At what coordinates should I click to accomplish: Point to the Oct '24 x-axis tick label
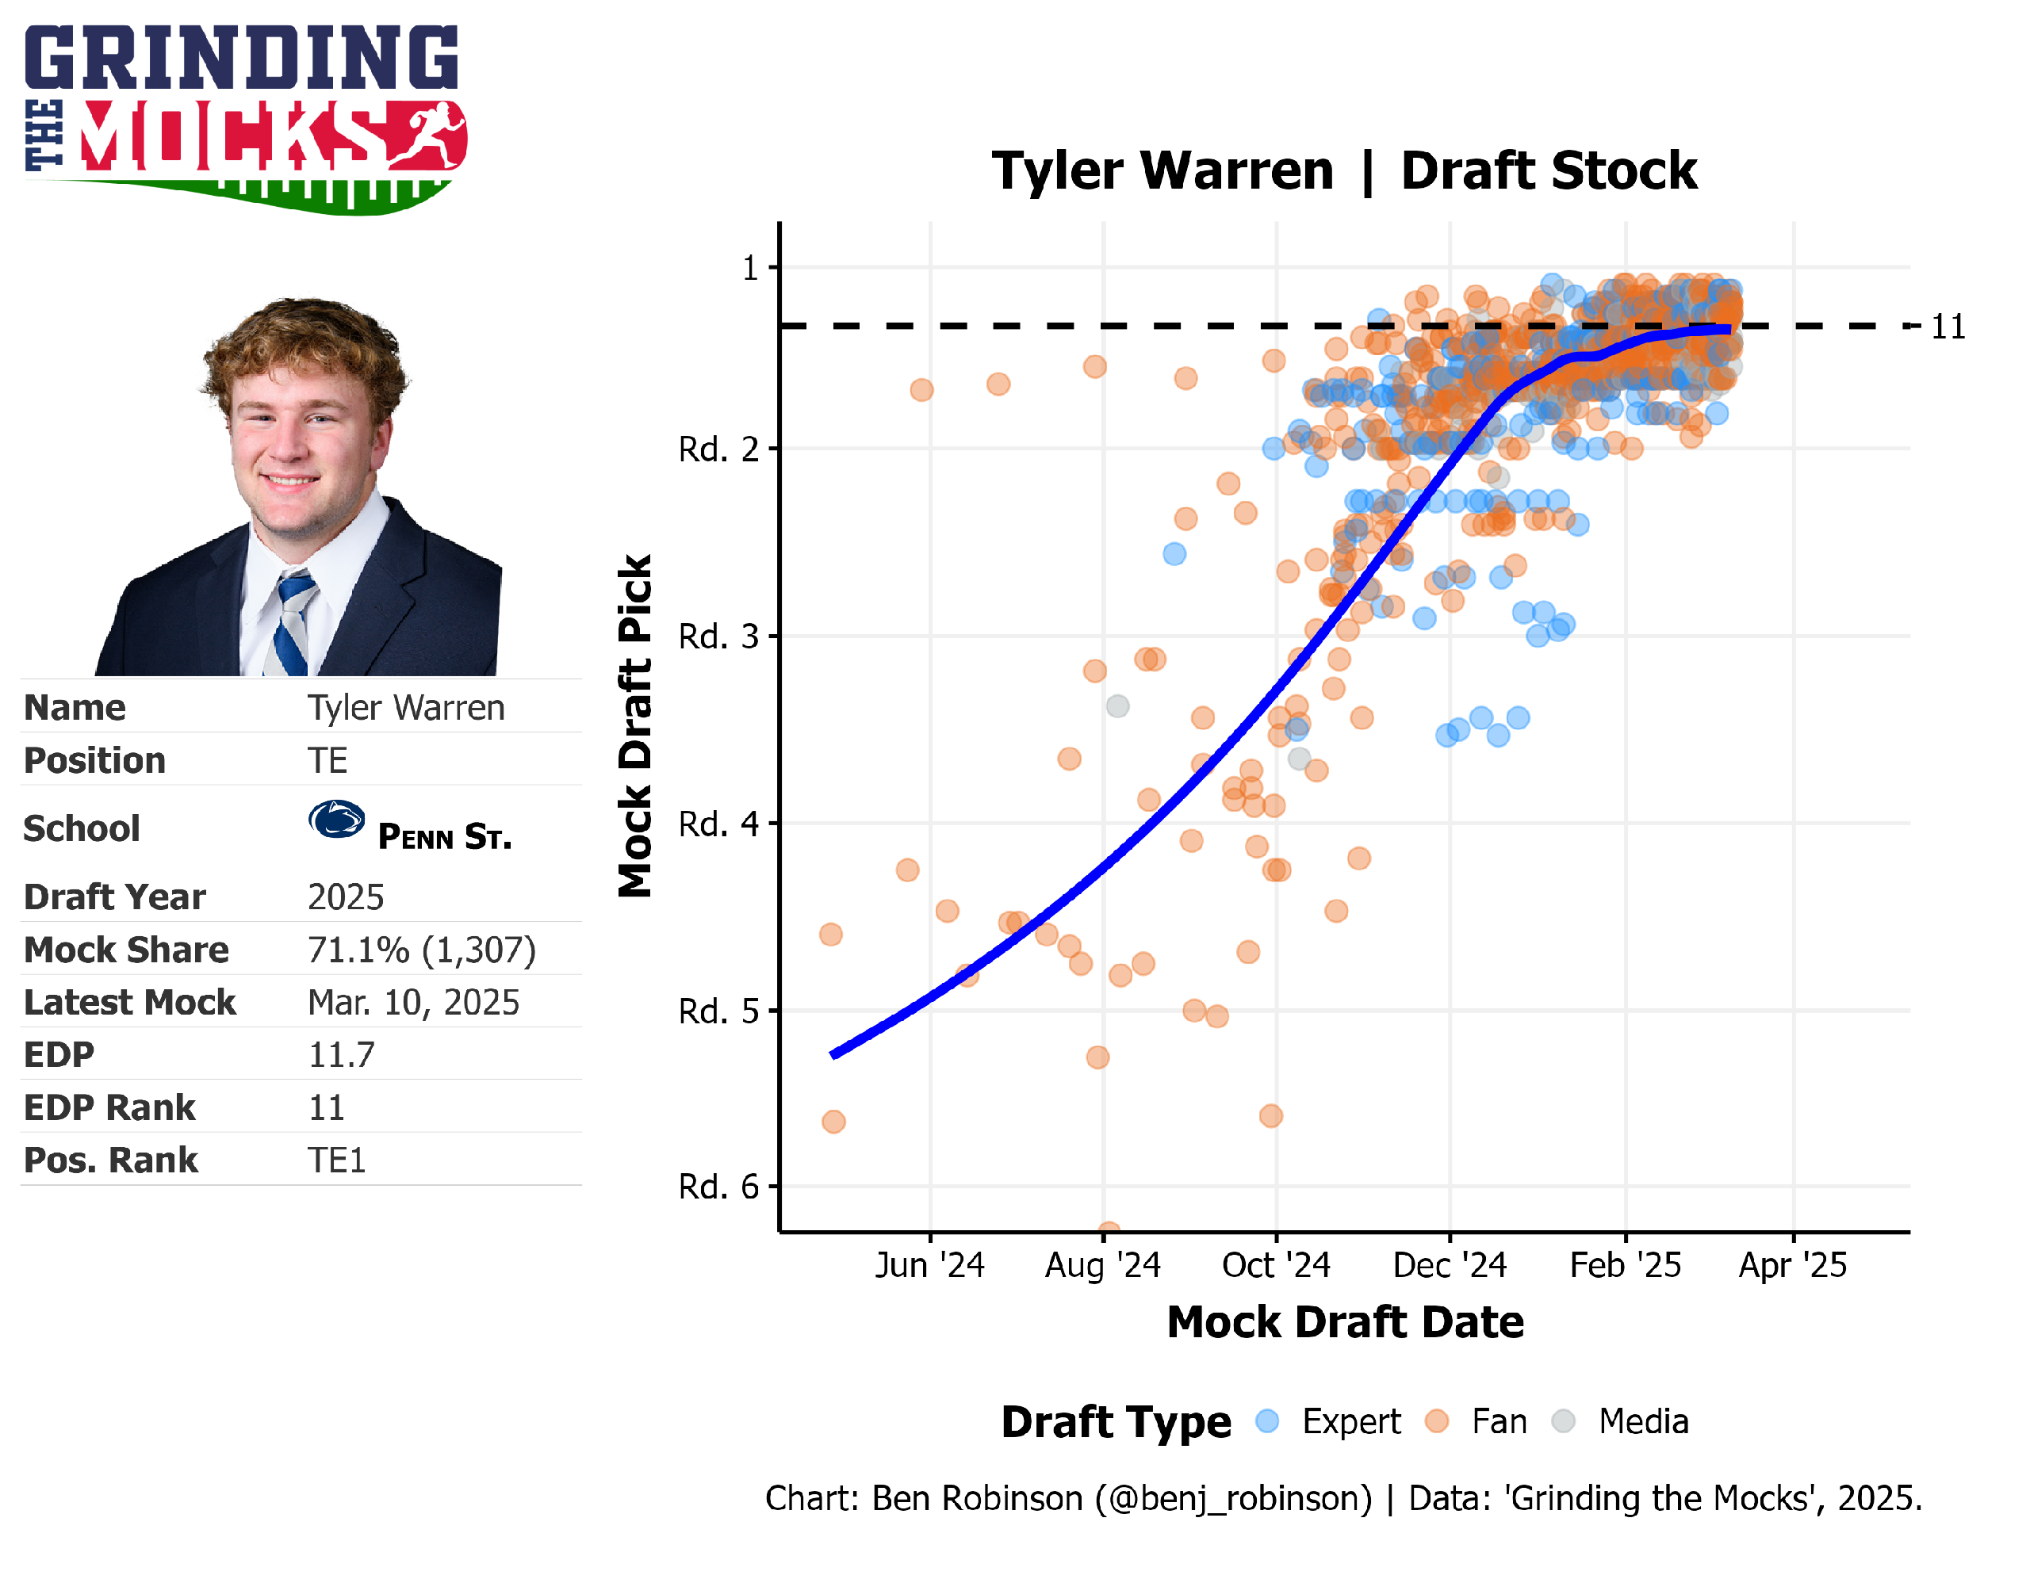click(x=1275, y=1265)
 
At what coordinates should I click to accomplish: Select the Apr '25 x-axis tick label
click(x=1792, y=1265)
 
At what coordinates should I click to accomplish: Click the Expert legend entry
click(x=1350, y=1421)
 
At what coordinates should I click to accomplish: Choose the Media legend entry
click(x=1642, y=1421)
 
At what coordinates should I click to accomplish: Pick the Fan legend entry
click(x=1499, y=1421)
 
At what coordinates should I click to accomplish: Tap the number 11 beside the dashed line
click(x=1948, y=327)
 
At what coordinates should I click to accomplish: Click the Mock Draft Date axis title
click(x=1345, y=1321)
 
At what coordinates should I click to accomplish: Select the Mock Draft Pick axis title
click(x=635, y=726)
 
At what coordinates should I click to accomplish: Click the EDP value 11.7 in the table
click(x=341, y=1055)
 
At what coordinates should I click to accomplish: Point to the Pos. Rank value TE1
click(x=336, y=1160)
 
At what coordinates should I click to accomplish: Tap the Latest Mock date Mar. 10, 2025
click(x=412, y=1002)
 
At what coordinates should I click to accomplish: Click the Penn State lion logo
click(x=335, y=820)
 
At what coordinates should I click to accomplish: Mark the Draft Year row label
click(x=114, y=897)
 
